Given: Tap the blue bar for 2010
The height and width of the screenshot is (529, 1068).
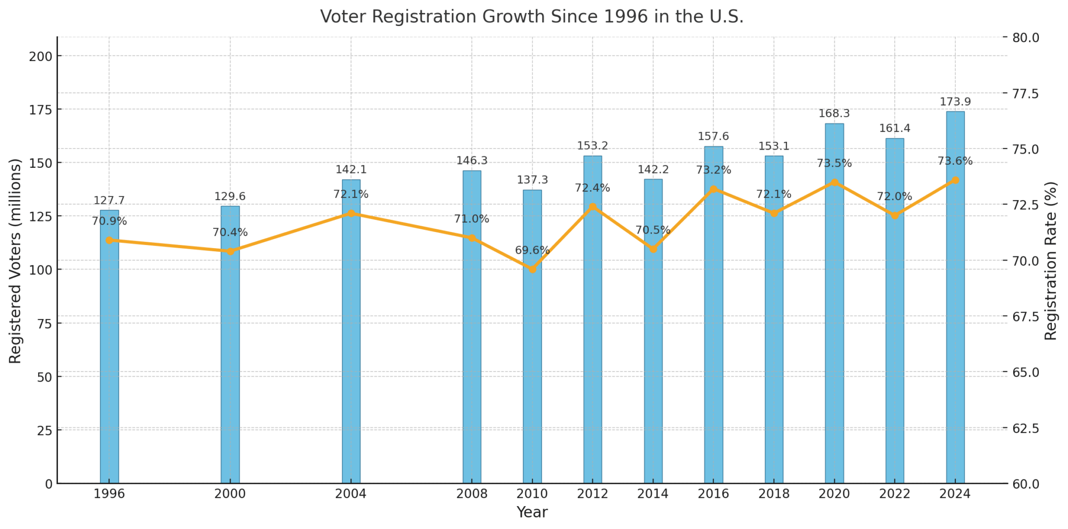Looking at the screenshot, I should click(x=532, y=365).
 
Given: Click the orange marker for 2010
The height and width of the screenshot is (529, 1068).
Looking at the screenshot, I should click(x=532, y=269).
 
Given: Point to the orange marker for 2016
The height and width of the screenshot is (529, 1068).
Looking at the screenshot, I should click(x=713, y=189).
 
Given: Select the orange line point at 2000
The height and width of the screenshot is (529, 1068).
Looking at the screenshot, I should click(x=230, y=251).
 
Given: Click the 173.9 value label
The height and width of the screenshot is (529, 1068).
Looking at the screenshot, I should click(x=955, y=102).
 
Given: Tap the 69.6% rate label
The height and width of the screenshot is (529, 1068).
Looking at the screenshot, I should click(x=532, y=251).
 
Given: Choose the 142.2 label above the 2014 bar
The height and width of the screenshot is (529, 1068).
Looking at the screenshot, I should click(x=653, y=169).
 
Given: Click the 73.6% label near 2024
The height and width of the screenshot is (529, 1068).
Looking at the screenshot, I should click(x=955, y=161).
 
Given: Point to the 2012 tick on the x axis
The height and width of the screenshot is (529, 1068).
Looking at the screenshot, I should click(x=592, y=494).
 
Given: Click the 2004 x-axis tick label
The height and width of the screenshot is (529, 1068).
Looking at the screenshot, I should click(x=351, y=494).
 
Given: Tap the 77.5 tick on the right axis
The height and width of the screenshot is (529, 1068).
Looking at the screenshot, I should click(x=1025, y=93).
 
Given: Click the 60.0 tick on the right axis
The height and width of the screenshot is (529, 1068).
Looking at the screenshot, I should click(x=1025, y=484).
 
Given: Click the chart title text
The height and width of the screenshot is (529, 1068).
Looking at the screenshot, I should click(x=531, y=17).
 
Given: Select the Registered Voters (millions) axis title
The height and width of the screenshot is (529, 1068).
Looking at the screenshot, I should click(x=15, y=261).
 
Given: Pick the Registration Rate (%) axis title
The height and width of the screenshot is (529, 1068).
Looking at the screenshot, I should click(x=1050, y=261).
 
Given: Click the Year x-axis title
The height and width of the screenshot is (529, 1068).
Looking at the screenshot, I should click(x=531, y=512).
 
